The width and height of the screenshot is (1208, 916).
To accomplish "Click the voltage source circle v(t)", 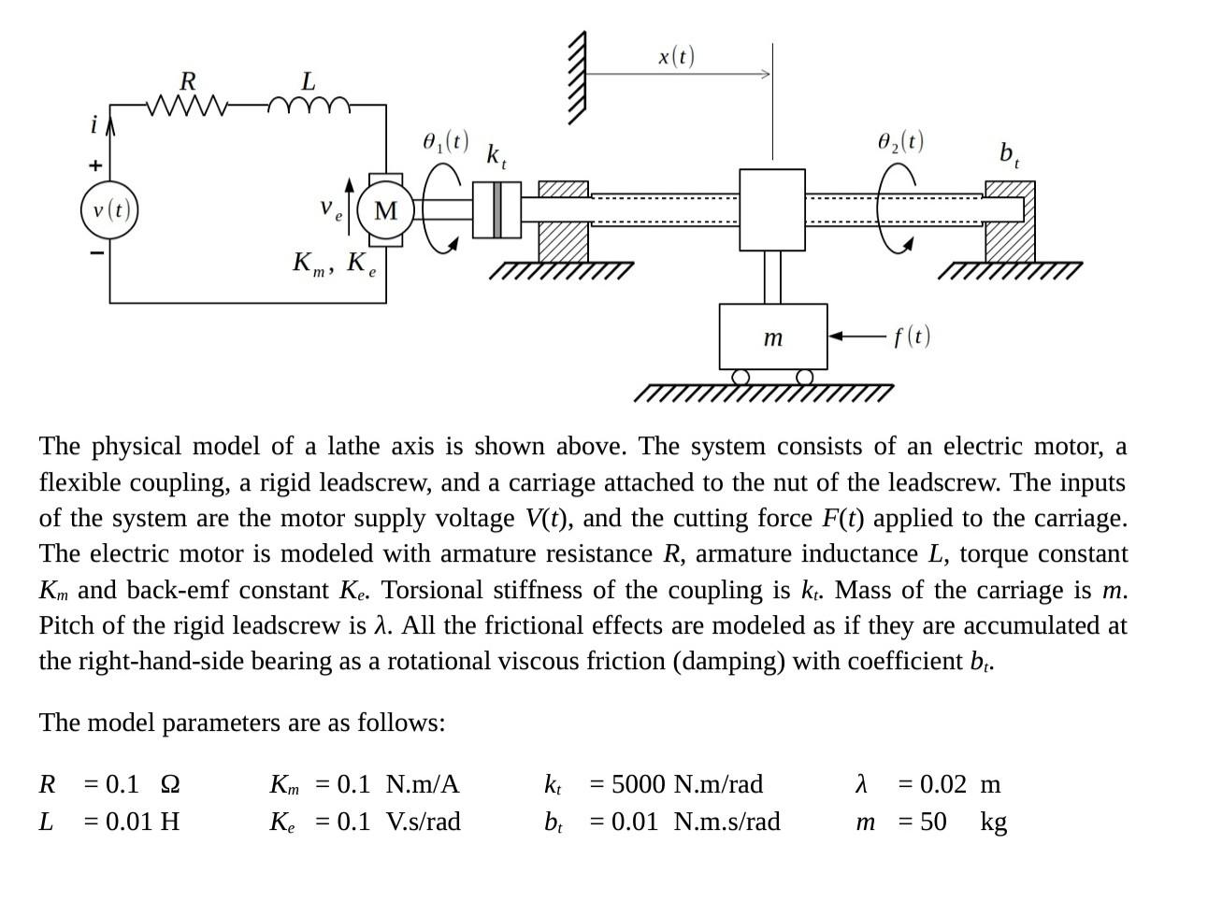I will point(109,209).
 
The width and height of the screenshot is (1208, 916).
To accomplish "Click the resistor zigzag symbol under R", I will point(187,106).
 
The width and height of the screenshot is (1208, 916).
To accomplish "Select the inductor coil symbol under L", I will point(309,105).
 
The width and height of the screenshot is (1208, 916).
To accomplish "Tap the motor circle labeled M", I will point(385,210).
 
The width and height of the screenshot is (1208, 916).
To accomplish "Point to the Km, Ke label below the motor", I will point(335,264).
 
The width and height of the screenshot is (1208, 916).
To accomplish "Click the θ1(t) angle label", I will point(445,142).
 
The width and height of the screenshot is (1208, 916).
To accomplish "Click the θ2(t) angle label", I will point(900,141).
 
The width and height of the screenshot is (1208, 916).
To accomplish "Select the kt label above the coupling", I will point(496,155).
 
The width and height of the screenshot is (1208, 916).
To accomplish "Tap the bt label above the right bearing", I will point(1009,153).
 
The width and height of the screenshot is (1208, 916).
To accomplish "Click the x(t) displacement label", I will point(676,57).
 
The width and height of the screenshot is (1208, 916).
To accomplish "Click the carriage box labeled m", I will point(772,336).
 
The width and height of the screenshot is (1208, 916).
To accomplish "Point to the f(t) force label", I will point(912,336).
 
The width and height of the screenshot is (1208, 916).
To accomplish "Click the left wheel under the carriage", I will point(741,377).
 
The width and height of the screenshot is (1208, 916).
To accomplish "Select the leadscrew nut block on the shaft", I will point(771,209).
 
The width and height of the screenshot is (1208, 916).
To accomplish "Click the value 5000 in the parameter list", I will point(640,783).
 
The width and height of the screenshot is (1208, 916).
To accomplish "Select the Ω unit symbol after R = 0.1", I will point(170,783).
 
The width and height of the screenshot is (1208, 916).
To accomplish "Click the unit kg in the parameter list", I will point(993,822).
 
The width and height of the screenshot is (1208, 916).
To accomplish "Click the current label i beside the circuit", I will point(93,124).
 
